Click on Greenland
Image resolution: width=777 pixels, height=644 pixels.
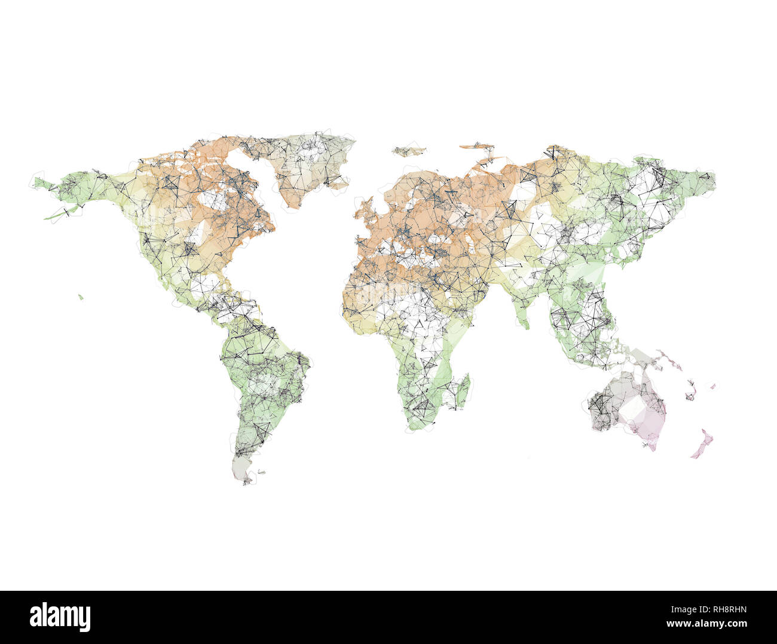coord(305,164)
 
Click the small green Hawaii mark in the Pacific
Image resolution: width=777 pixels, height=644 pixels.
coord(80,296)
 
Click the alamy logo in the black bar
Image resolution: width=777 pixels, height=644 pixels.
coord(60,617)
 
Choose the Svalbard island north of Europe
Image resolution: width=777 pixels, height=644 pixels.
coord(409,149)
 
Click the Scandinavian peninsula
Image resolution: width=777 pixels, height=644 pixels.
coord(412,185)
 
